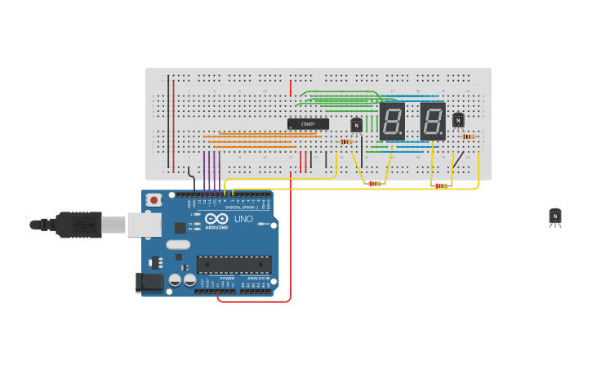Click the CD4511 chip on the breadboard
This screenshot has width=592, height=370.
pos(308,124)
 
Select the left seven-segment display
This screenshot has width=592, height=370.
pos(392,122)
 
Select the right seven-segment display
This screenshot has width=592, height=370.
pos(433,122)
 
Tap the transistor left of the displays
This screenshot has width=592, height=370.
pos(356,125)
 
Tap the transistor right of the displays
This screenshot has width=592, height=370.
pos(458,121)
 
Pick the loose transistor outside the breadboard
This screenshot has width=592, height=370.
pos(555,216)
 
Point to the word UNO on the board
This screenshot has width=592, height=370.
pos(243,220)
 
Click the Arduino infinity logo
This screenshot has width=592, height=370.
pos(217,219)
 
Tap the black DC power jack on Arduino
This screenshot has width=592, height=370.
pos(149,283)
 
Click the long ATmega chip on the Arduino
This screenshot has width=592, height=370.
pos(234,265)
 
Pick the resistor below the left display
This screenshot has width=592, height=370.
pos(374,184)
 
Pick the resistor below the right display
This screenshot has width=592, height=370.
pos(440,186)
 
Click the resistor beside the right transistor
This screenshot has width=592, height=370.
pos(467,136)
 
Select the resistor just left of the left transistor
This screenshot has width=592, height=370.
pos(345,142)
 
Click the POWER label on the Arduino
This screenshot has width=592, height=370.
pos(227,279)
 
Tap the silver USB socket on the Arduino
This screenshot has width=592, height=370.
pos(144,225)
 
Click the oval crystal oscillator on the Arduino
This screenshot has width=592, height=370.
pos(178,244)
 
